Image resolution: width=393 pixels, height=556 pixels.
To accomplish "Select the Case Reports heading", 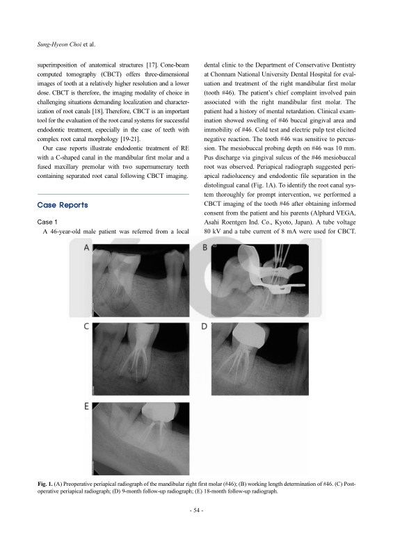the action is coord(63,205).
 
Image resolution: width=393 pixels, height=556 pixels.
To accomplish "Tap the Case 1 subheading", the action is coord(47,222).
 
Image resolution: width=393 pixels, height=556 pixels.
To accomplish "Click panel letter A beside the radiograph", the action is coord(86,248).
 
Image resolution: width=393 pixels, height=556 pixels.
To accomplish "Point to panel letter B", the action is coord(204,247).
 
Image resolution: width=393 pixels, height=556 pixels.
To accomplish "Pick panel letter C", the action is coord(86,327).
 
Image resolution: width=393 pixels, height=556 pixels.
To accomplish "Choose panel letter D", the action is coord(204,327).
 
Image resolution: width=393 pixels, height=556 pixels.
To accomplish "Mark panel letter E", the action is coord(86,407).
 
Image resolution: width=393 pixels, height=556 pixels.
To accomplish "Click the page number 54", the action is coord(196,511).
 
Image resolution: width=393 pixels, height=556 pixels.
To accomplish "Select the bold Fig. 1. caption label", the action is coord(45,484).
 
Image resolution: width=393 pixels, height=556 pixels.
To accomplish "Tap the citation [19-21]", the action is coord(130,139).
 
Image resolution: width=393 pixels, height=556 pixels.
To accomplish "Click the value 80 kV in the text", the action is coord(212,231).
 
